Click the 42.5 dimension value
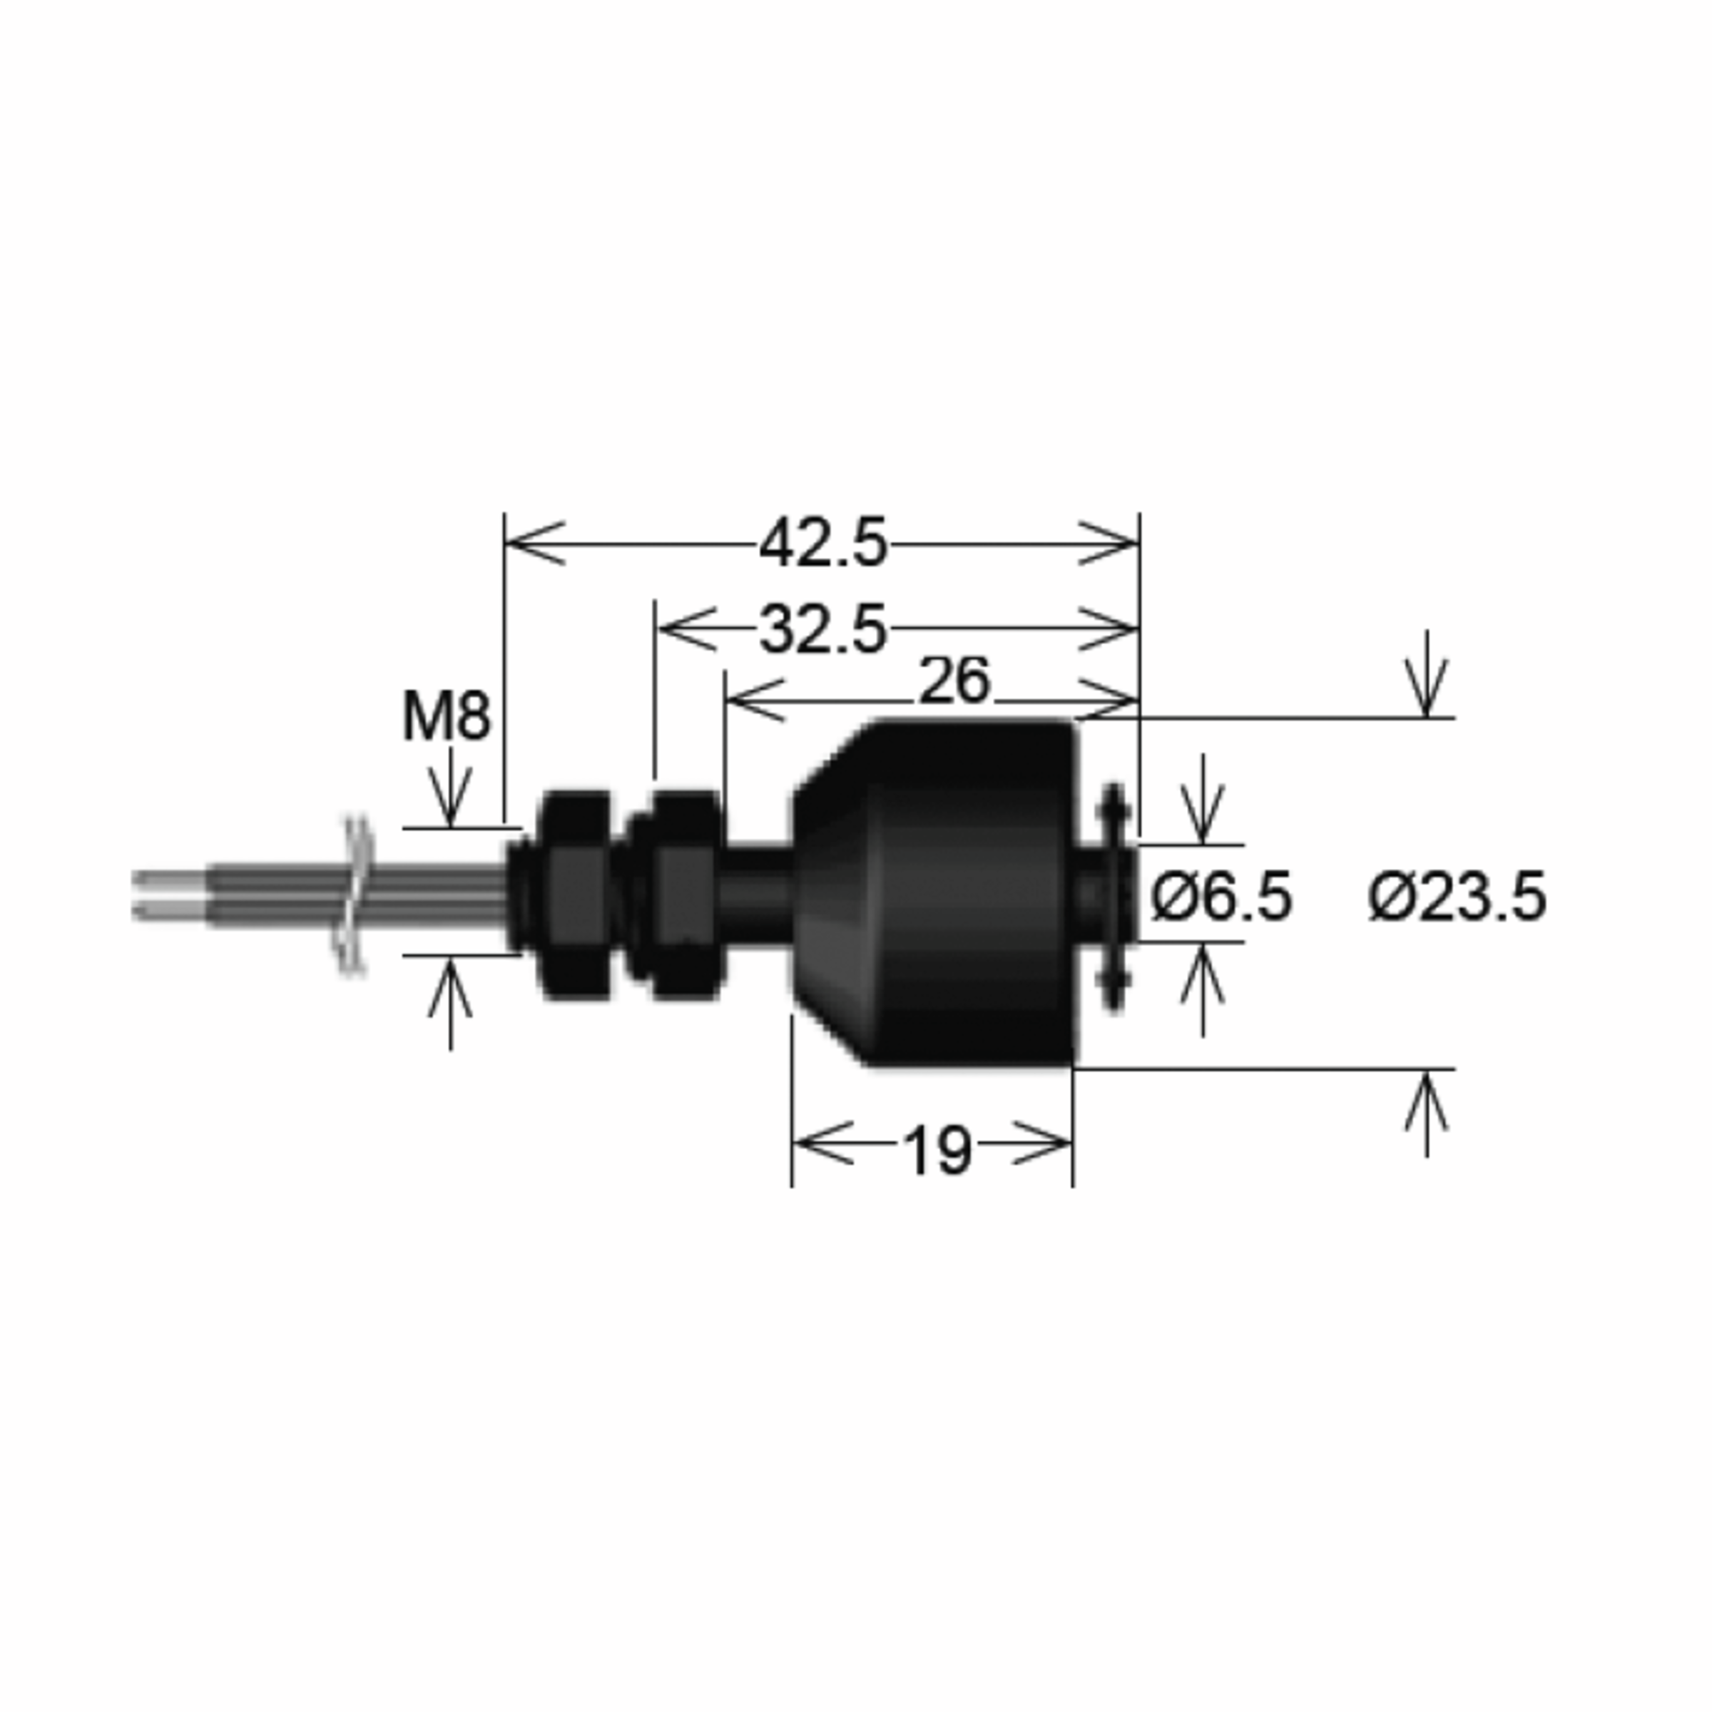[x=823, y=544]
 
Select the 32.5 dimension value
[x=823, y=629]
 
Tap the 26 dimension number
[x=954, y=681]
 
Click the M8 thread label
[x=446, y=716]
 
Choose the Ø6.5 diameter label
[x=1221, y=897]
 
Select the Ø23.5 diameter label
[x=1457, y=897]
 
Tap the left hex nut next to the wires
[x=574, y=895]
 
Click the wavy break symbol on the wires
[x=355, y=895]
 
